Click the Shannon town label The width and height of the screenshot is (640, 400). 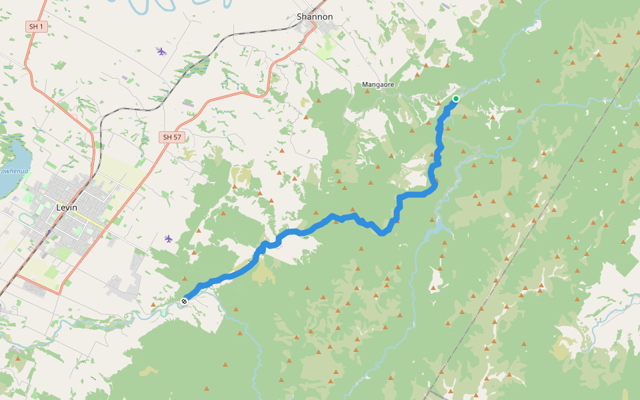[x=314, y=17]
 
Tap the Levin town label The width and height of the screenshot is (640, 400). [x=67, y=207]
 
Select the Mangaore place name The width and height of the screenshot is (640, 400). [x=378, y=85]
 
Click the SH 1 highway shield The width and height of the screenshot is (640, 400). [x=35, y=27]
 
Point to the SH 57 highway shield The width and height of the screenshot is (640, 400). [x=171, y=137]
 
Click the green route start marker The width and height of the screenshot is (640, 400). [x=456, y=99]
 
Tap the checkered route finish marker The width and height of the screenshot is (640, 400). [x=184, y=301]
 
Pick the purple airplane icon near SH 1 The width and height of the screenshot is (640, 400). [x=161, y=51]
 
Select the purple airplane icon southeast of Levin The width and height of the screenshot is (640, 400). [x=168, y=239]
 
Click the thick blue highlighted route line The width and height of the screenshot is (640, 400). [x=333, y=217]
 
